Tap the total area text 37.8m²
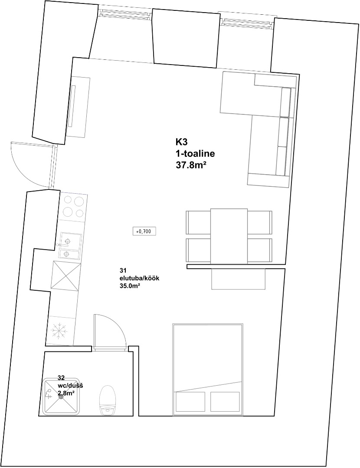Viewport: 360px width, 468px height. [192, 165]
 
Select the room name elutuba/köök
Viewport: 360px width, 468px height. [140, 278]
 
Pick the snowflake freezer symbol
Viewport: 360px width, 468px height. [59, 330]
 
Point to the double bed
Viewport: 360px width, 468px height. [208, 370]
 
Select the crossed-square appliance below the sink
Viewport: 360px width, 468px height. [66, 276]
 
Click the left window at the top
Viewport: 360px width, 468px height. [124, 13]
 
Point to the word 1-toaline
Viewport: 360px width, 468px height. [195, 154]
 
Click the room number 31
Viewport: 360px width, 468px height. [122, 271]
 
